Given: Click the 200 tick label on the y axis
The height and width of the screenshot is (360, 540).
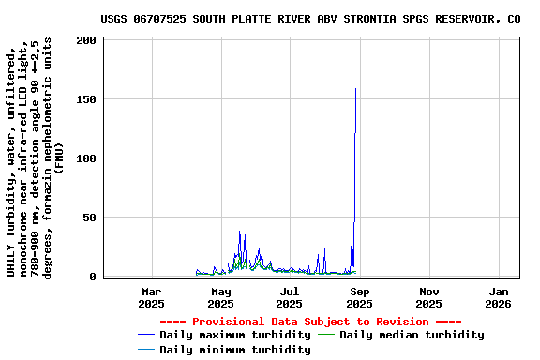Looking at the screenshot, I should pos(86,40).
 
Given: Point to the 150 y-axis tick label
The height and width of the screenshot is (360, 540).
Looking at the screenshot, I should pos(86,99).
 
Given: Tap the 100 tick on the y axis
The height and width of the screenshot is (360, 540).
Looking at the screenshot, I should pos(86,158).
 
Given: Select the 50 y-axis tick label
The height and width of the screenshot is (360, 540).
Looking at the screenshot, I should pos(90,217).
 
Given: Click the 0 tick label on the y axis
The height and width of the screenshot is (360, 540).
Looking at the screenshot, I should pos(93,277).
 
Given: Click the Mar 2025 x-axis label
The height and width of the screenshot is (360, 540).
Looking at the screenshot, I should pos(151,297).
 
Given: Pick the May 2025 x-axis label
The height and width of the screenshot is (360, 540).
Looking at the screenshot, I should pos(220,297).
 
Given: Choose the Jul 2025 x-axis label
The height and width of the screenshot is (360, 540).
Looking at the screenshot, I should pos(290,297).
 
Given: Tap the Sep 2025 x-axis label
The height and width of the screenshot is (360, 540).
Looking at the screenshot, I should pos(359,297).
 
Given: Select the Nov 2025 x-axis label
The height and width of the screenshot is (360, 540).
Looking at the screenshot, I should pos(428,297).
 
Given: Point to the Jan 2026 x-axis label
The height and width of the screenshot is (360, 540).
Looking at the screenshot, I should pos(498,297).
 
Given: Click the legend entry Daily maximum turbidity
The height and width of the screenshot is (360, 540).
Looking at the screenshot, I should pos(234,335).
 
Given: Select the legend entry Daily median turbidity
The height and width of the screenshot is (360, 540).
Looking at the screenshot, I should pos(412,335).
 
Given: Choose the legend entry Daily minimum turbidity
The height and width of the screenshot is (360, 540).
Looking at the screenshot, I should pos(234,350).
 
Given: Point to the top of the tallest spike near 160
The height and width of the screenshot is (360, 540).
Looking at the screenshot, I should pos(355,88).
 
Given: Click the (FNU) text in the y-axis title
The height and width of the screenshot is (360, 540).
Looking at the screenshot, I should pos(59,157).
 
